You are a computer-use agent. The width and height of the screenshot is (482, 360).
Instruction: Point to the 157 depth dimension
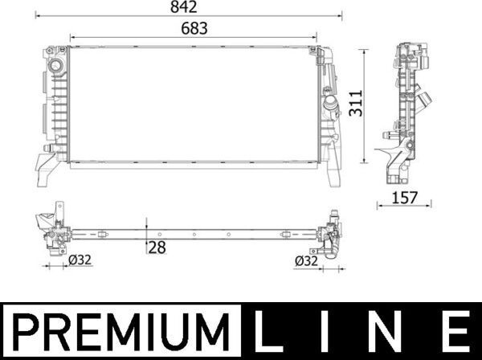coord(404,197)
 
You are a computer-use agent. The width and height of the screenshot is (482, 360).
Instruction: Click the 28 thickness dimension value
coord(157,247)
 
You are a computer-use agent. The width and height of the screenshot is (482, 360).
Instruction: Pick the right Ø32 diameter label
coord(308,260)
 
